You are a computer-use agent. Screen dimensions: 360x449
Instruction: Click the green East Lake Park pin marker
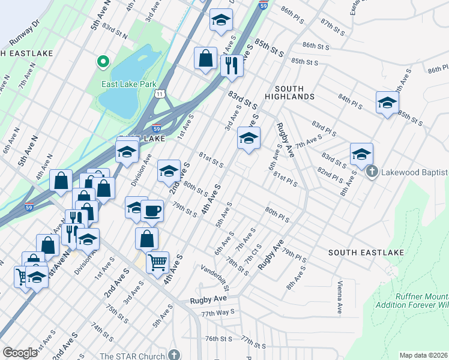tap(103, 61)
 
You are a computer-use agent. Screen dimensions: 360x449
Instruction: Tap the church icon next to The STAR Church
tap(174, 355)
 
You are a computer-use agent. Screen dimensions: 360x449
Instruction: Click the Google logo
tap(20, 353)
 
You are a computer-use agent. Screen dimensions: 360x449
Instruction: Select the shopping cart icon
tap(157, 261)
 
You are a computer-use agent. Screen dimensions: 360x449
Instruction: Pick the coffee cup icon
tap(152, 211)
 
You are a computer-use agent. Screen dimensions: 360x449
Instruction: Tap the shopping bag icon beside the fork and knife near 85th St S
tap(206, 59)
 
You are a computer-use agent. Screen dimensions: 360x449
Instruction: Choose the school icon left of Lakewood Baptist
tap(361, 154)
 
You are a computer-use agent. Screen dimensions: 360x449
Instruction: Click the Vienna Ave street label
tap(339, 297)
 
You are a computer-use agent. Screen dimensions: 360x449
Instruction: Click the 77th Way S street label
tap(217, 313)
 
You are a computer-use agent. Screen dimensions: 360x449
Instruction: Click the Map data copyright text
tap(424, 355)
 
